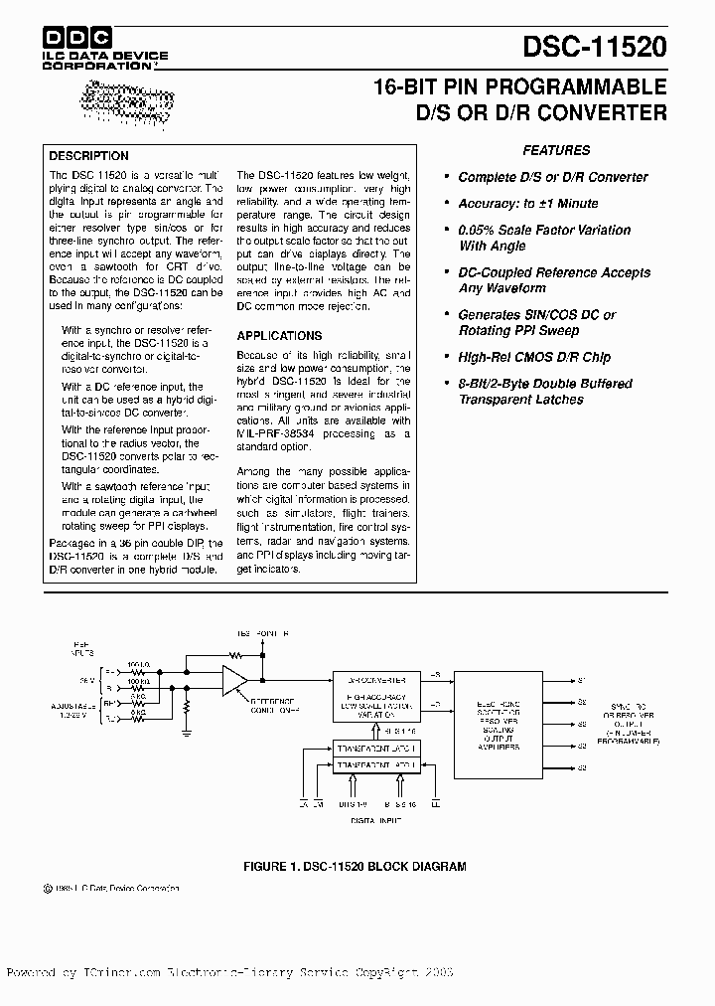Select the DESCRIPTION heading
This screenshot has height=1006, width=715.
tap(89, 156)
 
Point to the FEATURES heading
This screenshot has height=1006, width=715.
tap(556, 151)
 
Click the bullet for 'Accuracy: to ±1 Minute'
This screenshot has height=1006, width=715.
tap(446, 204)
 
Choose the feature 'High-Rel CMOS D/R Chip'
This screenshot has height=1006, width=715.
tap(534, 357)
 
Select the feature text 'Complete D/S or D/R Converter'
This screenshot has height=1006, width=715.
tap(552, 177)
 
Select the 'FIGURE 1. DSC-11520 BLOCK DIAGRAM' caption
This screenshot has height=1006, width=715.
tap(355, 867)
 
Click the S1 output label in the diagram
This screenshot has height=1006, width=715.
tap(583, 681)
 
